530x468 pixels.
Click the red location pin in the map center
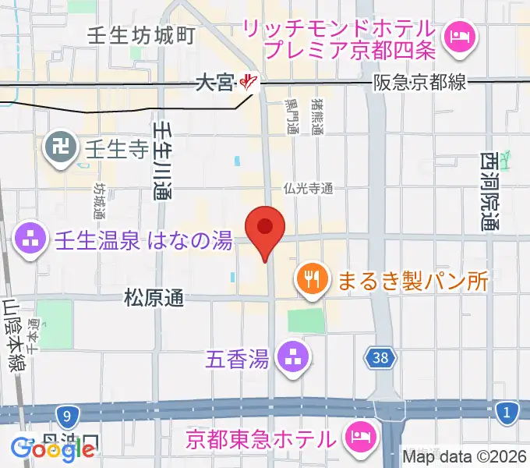(x=265, y=229)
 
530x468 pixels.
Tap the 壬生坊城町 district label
(x=141, y=35)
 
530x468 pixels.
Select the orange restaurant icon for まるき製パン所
(x=313, y=278)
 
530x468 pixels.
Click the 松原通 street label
(x=154, y=297)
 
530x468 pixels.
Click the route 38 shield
(x=380, y=359)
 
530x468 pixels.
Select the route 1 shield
(x=508, y=411)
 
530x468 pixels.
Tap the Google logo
(x=53, y=448)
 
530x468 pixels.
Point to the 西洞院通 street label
(x=489, y=191)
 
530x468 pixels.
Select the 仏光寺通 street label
(x=309, y=188)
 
